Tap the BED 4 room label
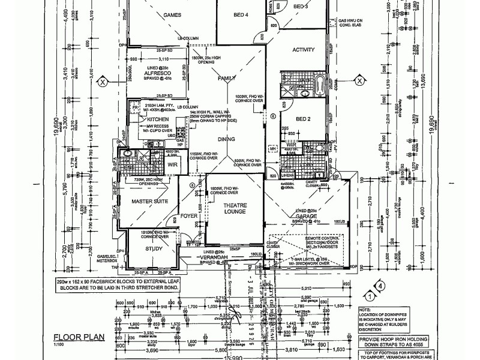pyautogui.click(x=239, y=14)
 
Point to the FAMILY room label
pyautogui.click(x=227, y=79)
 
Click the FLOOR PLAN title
pyautogui.click(x=79, y=337)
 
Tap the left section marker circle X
pyautogui.click(x=103, y=82)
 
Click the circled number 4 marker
pyautogui.click(x=379, y=286)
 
